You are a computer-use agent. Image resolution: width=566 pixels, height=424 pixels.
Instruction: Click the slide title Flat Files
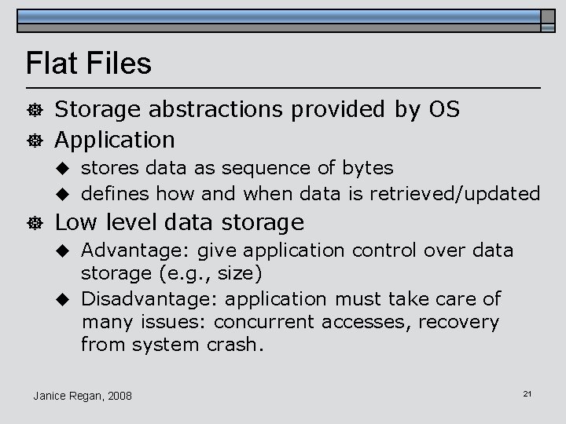tap(88, 64)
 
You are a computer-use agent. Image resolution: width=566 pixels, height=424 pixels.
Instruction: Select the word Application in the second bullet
tap(115, 141)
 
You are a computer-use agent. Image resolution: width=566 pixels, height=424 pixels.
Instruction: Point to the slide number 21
tap(527, 393)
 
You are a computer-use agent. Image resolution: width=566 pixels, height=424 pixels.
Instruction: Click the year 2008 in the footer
tap(118, 395)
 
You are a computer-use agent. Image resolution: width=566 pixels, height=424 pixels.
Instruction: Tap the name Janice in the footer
tap(50, 395)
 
